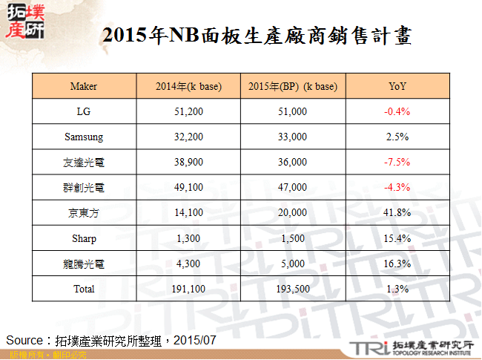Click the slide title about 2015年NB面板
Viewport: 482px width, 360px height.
click(256, 35)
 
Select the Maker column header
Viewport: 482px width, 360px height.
click(84, 87)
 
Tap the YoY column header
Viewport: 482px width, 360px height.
click(397, 87)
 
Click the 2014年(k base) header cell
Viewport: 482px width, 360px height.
click(188, 87)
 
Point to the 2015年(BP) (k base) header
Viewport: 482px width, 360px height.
click(294, 87)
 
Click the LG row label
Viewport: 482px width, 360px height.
click(84, 112)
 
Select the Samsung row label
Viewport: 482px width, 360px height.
click(84, 137)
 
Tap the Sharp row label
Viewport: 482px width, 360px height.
click(84, 238)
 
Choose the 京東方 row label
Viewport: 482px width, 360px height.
click(84, 213)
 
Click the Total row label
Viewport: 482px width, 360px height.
click(84, 289)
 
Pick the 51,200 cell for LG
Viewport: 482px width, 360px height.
click(188, 112)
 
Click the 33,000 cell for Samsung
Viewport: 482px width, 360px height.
click(294, 137)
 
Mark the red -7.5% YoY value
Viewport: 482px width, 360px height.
click(397, 163)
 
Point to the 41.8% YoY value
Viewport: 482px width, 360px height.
click(397, 213)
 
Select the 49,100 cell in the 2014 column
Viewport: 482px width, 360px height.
click(188, 188)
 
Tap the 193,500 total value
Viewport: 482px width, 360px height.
click(294, 289)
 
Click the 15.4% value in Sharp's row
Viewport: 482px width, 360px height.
click(397, 238)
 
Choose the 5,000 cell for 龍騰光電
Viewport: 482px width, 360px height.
click(294, 264)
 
